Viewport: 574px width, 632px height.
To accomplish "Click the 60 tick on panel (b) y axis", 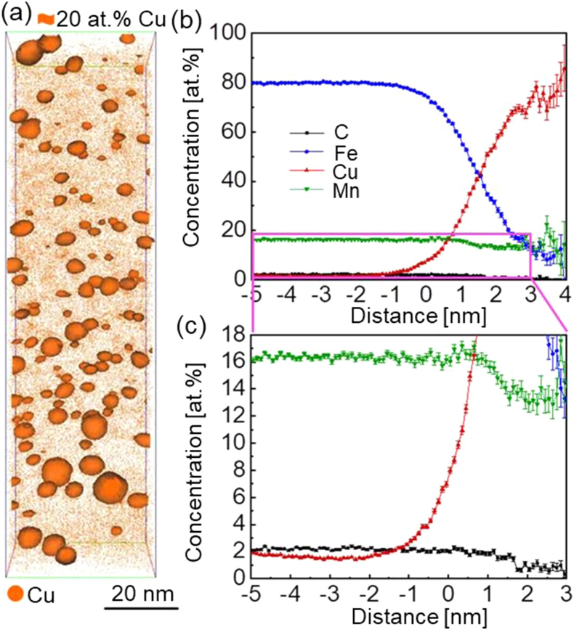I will tap(234, 132).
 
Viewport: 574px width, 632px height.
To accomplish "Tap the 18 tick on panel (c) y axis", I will tap(234, 335).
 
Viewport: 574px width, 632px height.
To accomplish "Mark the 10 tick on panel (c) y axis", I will tap(234, 443).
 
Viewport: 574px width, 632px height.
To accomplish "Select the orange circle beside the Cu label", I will tap(14, 596).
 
